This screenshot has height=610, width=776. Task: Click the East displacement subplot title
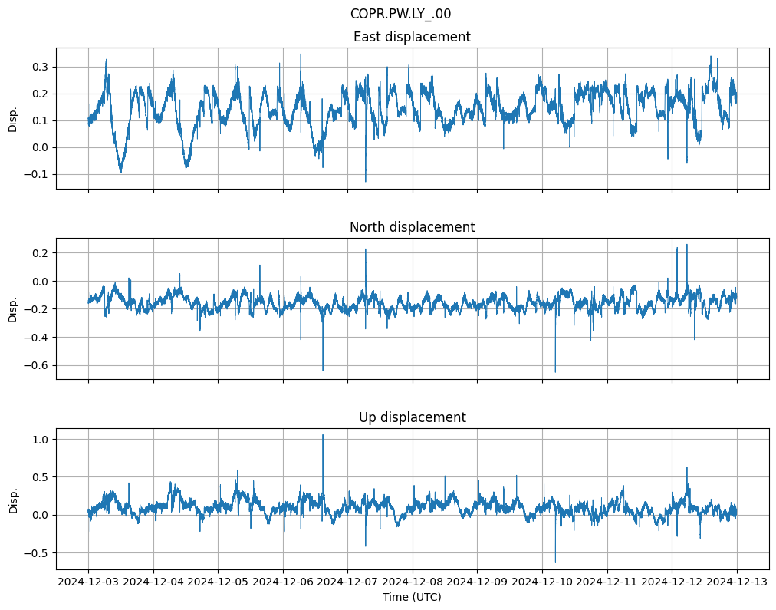pos(412,37)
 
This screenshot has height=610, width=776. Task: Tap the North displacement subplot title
pos(412,227)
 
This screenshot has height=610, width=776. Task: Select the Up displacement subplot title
pos(412,417)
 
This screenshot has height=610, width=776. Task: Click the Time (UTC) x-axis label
pos(412,597)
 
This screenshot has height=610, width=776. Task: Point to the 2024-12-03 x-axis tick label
pos(88,582)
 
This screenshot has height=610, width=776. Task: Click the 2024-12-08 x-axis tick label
pos(413,582)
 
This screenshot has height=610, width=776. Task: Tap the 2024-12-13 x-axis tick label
pos(738,582)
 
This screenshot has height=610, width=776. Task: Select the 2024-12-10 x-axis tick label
pos(542,582)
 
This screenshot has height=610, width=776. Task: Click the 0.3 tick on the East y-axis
pos(39,67)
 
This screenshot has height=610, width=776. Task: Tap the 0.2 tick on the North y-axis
pos(39,252)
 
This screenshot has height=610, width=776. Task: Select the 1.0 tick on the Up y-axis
pos(39,439)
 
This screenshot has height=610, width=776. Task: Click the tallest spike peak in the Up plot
pos(323,435)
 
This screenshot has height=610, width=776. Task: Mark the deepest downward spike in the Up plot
pos(555,562)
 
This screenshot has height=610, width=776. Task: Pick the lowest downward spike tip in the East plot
pos(365,182)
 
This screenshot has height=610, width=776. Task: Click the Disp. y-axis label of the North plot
pos(13,308)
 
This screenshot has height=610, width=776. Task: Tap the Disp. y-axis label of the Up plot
pos(13,499)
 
